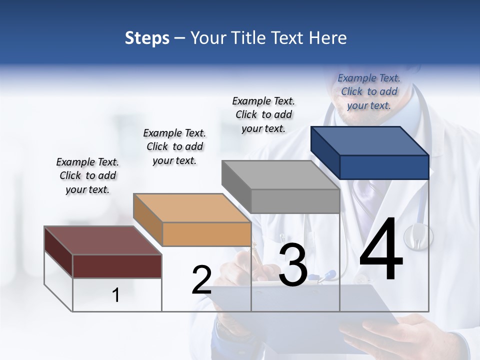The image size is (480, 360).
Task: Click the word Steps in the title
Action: click(147, 38)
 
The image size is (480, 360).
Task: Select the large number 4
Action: click(381, 250)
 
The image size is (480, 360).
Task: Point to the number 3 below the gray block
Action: click(293, 265)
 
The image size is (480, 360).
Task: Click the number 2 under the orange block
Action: click(201, 280)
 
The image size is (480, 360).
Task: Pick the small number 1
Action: click(116, 295)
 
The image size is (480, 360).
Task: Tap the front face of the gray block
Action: click(295, 201)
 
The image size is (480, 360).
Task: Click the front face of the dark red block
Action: click(117, 266)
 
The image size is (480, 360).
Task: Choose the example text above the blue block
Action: click(369, 91)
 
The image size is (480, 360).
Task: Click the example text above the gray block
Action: click(263, 114)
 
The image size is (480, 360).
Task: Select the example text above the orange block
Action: click(174, 146)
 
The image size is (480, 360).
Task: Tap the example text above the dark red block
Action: click(87, 175)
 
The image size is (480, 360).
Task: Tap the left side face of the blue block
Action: click(325, 152)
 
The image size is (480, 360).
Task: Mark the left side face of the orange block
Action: click(147, 220)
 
